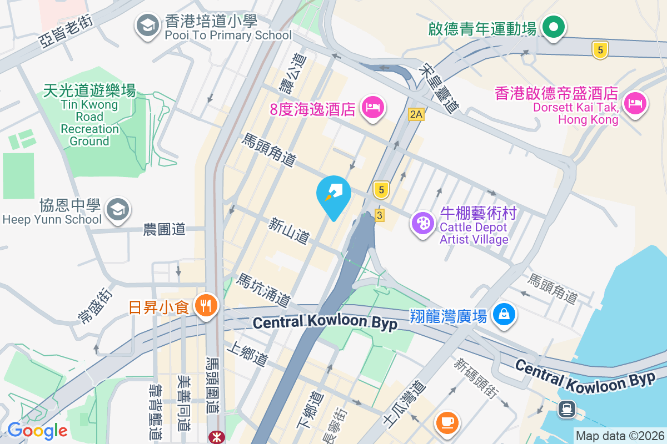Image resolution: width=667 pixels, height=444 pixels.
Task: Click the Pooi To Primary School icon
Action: pos(147,25)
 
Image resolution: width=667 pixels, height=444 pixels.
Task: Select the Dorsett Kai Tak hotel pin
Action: pos(634,103)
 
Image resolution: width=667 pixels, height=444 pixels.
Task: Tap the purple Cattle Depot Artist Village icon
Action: pos(423,224)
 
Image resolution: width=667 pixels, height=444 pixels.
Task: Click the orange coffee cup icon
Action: pos(447,422)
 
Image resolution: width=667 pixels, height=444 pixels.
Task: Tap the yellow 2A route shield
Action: pos(416,114)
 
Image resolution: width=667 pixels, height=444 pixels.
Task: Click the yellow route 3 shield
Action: pos(379,215)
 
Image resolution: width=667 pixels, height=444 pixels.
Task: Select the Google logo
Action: pos(37,430)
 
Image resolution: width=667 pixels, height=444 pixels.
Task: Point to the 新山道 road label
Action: pos(288,231)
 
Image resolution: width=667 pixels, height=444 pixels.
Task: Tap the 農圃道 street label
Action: pos(164,229)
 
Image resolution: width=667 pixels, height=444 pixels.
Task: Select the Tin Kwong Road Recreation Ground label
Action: pos(89,116)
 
